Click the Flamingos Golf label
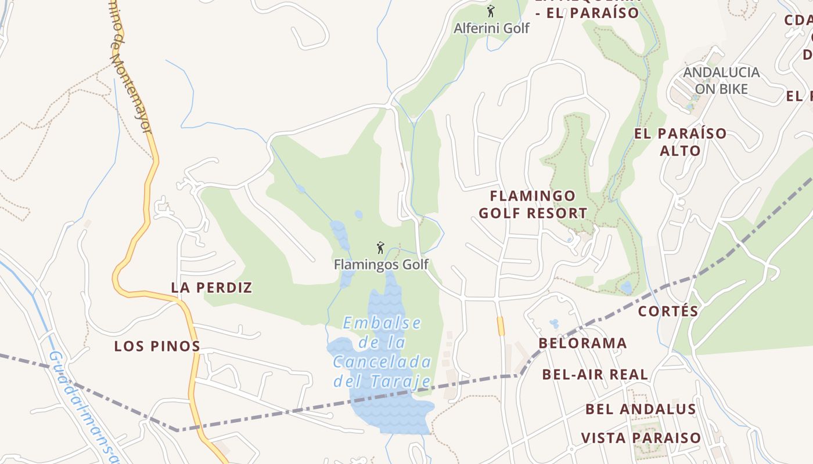click(x=381, y=265)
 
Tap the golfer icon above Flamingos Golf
click(x=380, y=248)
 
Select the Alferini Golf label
click(x=491, y=28)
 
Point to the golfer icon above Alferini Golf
click(x=491, y=10)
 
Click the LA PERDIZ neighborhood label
click(x=211, y=288)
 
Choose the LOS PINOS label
click(x=157, y=346)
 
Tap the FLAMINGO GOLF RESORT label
click(x=533, y=204)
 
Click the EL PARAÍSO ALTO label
click(x=680, y=142)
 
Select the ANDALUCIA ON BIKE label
click(x=721, y=81)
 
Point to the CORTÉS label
click(x=668, y=311)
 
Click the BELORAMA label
click(x=582, y=343)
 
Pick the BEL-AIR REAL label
click(x=595, y=375)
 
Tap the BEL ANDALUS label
click(x=640, y=409)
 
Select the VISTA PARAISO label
click(x=641, y=438)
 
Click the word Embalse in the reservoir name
click(x=382, y=323)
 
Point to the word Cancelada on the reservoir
click(x=382, y=362)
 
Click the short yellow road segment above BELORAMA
click(x=501, y=326)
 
